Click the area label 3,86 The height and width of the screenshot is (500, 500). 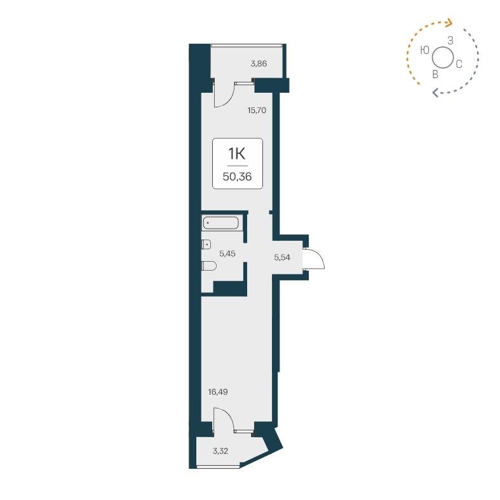point(259,64)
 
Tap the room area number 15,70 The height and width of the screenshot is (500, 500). point(256,110)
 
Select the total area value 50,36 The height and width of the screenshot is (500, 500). point(237,177)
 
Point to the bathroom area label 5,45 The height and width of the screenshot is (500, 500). point(227,253)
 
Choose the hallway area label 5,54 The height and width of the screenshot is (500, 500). point(282,257)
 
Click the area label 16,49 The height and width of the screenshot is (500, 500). point(218,391)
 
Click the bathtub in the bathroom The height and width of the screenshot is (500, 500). point(220,223)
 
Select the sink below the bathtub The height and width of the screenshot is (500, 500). point(206,244)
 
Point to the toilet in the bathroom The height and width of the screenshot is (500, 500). point(208,266)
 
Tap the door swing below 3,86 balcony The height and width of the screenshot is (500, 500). point(224,95)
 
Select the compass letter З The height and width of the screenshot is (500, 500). point(450,41)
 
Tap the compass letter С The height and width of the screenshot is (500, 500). point(458,64)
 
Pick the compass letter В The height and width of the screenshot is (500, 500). point(435,74)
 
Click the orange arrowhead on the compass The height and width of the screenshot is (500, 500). point(449,24)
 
